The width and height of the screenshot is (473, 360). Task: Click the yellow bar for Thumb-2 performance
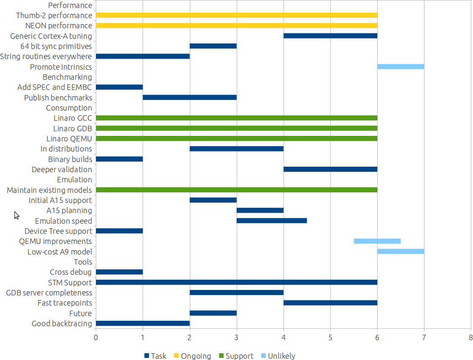pyautogui.click(x=236, y=16)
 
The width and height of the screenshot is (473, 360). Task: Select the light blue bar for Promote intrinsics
pyautogui.click(x=400, y=67)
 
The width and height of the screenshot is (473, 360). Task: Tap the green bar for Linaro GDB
pyautogui.click(x=236, y=128)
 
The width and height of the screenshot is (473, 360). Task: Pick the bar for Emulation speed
pyautogui.click(x=271, y=221)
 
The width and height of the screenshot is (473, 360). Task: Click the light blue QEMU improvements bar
pyautogui.click(x=377, y=241)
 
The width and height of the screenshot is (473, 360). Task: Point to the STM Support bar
pyautogui.click(x=236, y=282)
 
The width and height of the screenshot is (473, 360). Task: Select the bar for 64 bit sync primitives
pyautogui.click(x=213, y=46)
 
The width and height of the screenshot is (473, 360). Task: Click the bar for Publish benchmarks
pyautogui.click(x=189, y=97)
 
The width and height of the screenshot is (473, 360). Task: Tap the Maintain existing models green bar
pyautogui.click(x=236, y=190)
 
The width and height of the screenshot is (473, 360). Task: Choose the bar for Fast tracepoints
pyautogui.click(x=330, y=303)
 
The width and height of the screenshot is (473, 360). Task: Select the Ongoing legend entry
pyautogui.click(x=192, y=356)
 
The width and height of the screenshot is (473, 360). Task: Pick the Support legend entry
pyautogui.click(x=236, y=356)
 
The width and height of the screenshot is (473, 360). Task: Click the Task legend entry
pyautogui.click(x=155, y=356)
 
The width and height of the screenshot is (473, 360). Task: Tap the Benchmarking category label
pyautogui.click(x=67, y=77)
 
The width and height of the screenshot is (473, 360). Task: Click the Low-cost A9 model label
pyautogui.click(x=59, y=252)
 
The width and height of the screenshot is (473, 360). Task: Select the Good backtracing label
pyautogui.click(x=62, y=324)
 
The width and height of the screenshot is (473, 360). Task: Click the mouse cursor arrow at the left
pyautogui.click(x=16, y=215)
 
